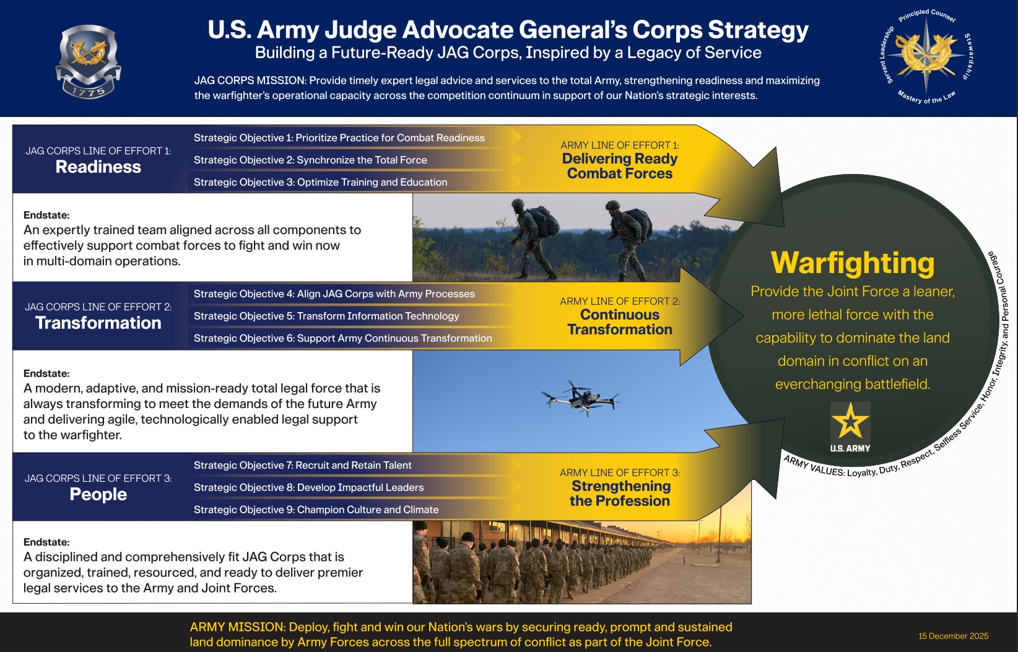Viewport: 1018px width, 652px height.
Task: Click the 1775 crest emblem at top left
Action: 88,61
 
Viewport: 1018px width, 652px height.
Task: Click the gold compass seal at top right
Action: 925,54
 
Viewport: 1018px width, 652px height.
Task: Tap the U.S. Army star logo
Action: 850,427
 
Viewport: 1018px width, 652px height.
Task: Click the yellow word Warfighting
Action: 853,263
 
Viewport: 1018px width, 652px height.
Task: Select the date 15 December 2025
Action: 953,636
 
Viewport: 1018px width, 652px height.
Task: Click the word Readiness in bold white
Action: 98,167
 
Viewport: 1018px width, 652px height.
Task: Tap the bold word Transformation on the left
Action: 98,323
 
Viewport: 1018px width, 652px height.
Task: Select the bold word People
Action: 98,495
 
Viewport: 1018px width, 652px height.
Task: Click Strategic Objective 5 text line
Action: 326,316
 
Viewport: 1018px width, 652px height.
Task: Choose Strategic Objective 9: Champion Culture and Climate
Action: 316,510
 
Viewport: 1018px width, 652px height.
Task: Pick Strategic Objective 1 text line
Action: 339,138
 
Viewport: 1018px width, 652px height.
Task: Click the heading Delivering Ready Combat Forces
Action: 619,166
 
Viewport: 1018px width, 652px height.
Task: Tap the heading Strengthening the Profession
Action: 620,493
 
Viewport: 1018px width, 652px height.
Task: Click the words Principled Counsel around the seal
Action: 927,15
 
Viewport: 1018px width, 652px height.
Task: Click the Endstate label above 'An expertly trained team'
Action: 46,215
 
